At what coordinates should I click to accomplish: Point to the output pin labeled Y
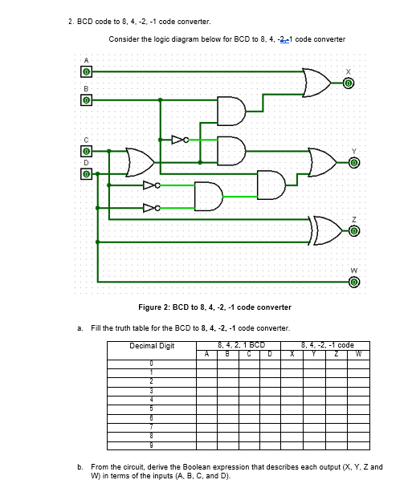tap(353, 163)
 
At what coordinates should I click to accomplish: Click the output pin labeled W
tap(353, 282)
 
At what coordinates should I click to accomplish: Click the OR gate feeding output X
tap(315, 81)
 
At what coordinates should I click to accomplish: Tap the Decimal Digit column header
tap(152, 346)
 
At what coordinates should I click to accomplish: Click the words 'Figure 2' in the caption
tap(156, 307)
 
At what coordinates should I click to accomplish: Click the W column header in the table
tap(359, 352)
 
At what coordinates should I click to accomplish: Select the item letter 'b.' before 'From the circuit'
tap(80, 466)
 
